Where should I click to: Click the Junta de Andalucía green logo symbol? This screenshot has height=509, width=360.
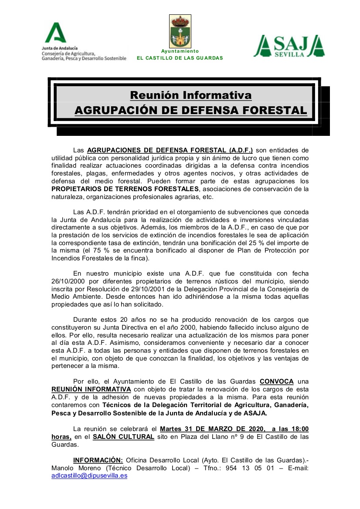point(56,33)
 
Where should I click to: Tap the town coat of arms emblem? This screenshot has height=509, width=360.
point(180,32)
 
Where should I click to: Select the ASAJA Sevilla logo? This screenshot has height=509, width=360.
point(289,47)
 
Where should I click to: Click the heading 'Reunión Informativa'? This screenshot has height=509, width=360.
point(190,95)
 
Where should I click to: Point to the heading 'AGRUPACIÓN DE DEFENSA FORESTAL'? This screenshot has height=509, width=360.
point(190,110)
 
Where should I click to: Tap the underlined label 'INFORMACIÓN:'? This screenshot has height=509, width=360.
point(98,460)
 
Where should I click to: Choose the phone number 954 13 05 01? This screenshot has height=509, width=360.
point(248,468)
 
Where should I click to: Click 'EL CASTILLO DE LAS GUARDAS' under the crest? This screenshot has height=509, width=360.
point(180,58)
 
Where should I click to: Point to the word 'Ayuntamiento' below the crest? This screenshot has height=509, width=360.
point(180,51)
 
